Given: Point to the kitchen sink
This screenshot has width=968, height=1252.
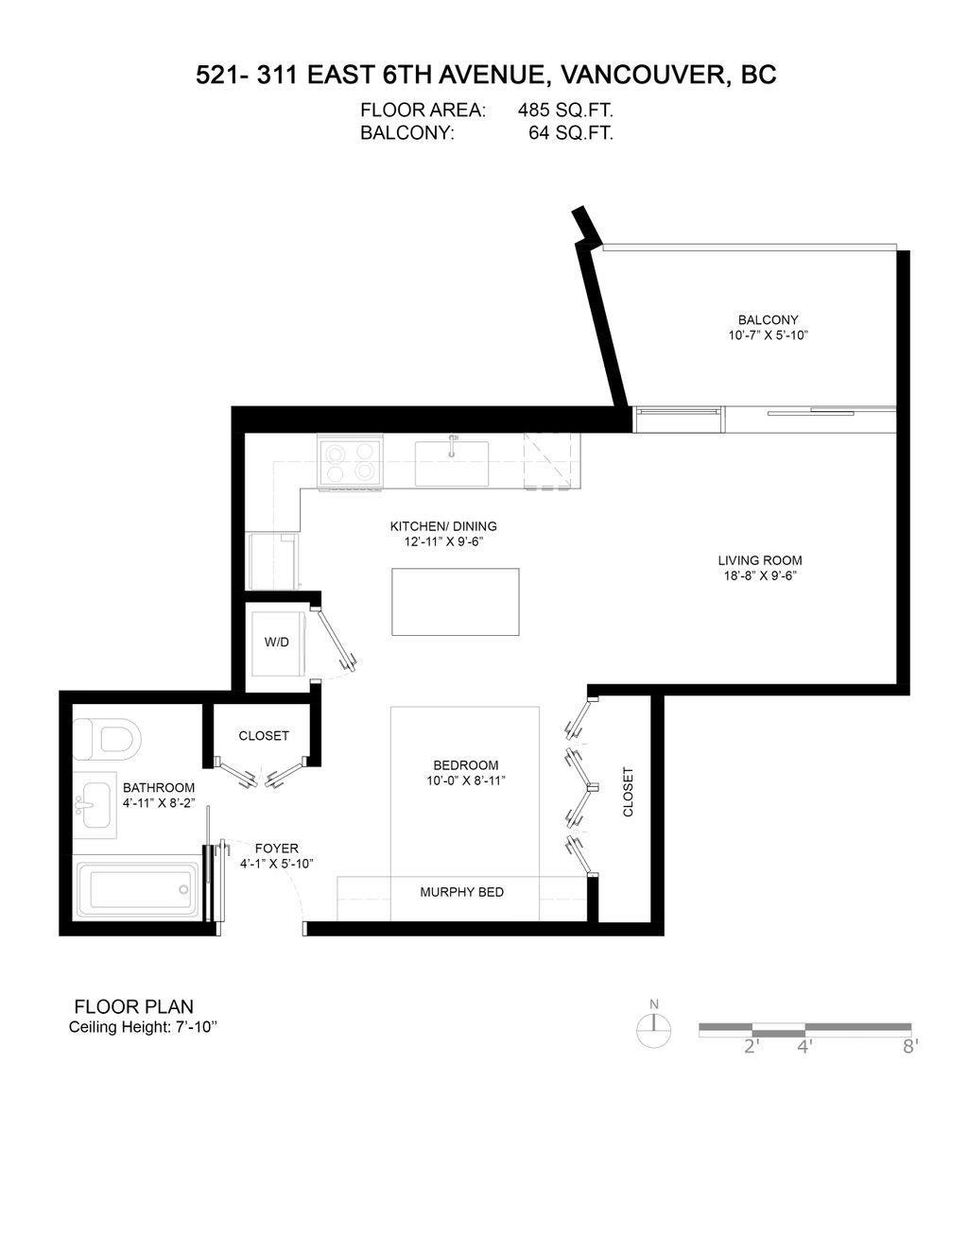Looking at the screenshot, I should [x=452, y=463].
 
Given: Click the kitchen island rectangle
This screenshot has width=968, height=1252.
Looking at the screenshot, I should [x=456, y=602].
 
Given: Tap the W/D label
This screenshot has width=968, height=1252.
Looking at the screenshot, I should [x=277, y=643].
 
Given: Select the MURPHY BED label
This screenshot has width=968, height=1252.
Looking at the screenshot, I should [x=462, y=892].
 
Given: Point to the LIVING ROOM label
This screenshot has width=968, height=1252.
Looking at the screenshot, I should [x=759, y=560].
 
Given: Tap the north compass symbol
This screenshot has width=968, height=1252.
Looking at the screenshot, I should [x=653, y=1026].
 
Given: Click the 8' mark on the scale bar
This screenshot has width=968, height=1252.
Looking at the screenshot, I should [x=909, y=1046].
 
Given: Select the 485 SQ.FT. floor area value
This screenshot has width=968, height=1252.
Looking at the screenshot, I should [x=565, y=111].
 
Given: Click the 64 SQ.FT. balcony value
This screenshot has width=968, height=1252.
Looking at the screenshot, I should [x=571, y=133].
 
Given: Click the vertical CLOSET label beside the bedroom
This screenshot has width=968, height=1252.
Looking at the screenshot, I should [x=629, y=791].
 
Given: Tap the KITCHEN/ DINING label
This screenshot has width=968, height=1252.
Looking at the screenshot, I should [x=443, y=526].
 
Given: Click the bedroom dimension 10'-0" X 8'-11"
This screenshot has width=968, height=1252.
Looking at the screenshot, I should [x=466, y=780].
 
